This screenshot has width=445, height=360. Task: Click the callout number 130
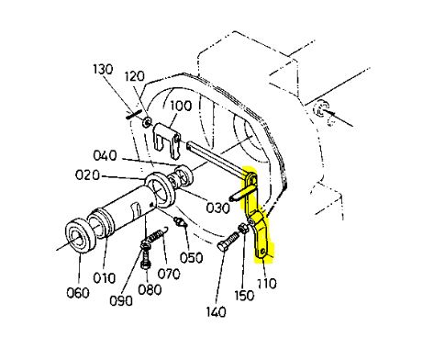(103, 69)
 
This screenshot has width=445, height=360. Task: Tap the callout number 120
(135, 76)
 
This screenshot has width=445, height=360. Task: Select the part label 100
(181, 106)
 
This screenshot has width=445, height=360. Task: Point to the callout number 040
(105, 155)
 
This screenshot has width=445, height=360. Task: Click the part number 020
(87, 175)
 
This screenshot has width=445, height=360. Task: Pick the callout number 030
(217, 208)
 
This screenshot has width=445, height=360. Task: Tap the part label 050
(191, 258)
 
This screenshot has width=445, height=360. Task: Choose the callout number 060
(78, 293)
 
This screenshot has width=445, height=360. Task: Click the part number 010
(105, 278)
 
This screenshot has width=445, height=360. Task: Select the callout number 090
(121, 301)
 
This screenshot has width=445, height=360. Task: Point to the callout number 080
(150, 289)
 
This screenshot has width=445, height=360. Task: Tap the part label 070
(169, 274)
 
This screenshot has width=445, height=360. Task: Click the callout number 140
(216, 312)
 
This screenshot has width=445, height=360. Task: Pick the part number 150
(244, 296)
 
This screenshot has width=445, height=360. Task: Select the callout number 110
(267, 284)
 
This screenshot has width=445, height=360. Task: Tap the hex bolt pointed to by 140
(228, 242)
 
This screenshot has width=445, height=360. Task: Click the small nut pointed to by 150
(244, 228)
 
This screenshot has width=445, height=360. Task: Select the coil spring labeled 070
(158, 234)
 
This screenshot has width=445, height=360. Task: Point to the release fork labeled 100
(166, 141)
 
